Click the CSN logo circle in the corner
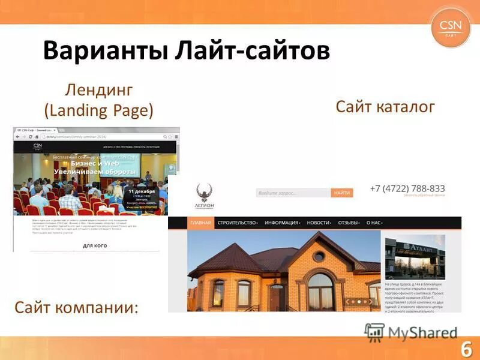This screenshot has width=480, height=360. [x=451, y=26]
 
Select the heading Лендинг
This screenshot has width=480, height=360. [x=98, y=91]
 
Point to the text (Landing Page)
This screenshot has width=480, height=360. [x=98, y=110]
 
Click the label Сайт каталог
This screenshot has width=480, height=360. [x=385, y=107]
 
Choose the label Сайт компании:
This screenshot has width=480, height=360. [x=76, y=308]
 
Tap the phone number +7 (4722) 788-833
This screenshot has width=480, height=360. [x=407, y=188]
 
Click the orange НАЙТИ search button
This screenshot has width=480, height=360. [x=342, y=193]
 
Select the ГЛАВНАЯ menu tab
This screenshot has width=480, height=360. [x=200, y=223]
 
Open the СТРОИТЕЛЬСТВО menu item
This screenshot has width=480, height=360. [x=238, y=223]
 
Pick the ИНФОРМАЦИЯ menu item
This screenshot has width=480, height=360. [x=282, y=223]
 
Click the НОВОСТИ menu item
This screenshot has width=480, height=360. [x=319, y=223]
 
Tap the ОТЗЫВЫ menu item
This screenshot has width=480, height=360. [x=349, y=223]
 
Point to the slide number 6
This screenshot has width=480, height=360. [x=466, y=349]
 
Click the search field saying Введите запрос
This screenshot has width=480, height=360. [x=293, y=193]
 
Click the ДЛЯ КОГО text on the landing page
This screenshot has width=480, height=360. [x=95, y=245]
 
